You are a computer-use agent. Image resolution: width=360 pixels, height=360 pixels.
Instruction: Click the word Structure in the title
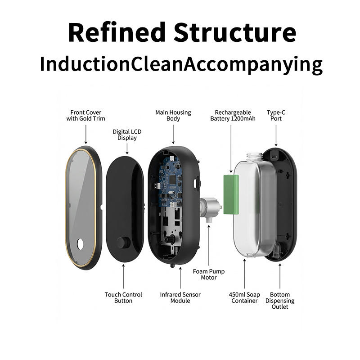tap(235, 32)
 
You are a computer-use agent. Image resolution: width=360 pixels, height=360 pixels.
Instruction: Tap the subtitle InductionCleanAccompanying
tap(181, 64)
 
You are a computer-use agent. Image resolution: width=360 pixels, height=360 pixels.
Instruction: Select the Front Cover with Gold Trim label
tap(85, 116)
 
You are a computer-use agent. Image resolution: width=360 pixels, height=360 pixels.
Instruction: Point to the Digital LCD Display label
tap(127, 135)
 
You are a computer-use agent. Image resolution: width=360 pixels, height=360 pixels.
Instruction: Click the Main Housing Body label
tap(173, 116)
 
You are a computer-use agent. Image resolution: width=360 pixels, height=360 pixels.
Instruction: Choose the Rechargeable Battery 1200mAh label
tap(233, 116)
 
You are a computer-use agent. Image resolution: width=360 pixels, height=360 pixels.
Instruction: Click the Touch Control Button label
tap(123, 297)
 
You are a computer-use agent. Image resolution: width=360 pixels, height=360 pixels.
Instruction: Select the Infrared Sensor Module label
tap(180, 297)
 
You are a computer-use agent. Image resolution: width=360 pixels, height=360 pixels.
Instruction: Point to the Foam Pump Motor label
tap(208, 274)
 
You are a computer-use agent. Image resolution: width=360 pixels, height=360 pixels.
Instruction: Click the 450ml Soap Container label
tap(244, 297)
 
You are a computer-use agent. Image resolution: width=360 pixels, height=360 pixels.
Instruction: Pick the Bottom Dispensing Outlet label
tap(280, 301)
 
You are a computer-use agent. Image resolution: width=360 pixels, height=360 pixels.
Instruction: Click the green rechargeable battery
tap(233, 194)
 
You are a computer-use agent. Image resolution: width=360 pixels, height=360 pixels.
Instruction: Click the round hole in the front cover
tap(81, 244)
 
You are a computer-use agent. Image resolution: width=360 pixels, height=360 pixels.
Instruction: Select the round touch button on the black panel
tap(122, 242)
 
